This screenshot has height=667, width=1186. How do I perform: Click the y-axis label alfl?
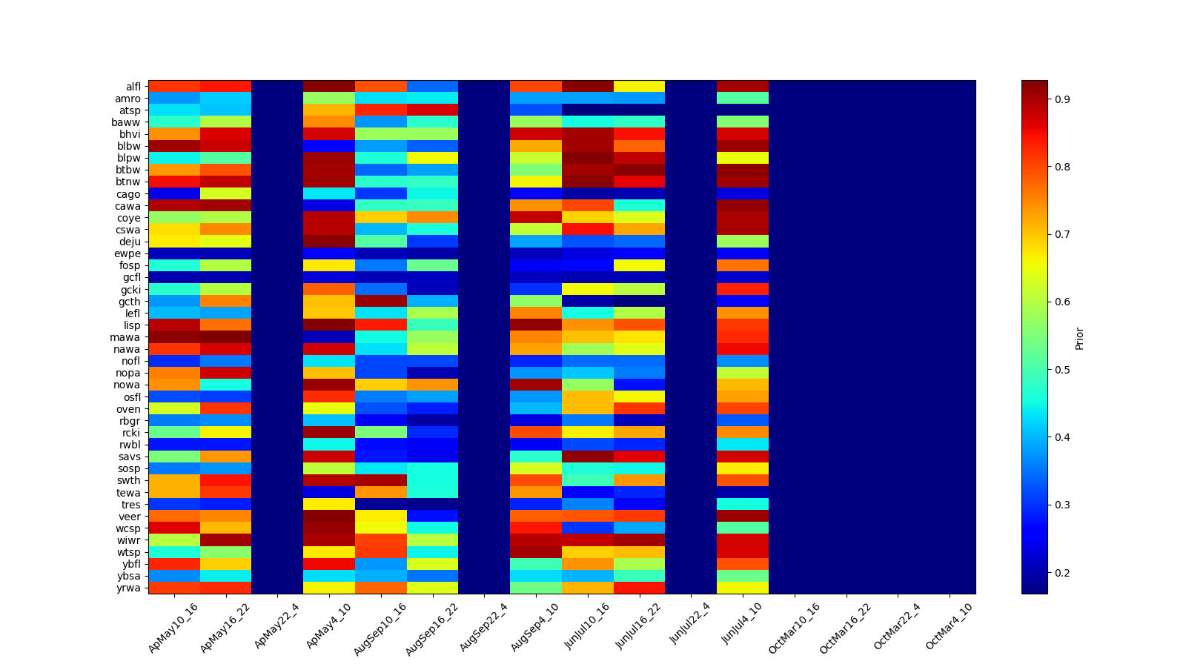coord(133,87)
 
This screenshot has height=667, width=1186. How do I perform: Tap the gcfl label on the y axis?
coord(131,278)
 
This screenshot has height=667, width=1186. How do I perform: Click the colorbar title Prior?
coord(1079,338)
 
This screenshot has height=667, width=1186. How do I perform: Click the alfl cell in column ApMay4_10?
coord(329,86)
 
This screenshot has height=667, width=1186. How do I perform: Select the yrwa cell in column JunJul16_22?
coord(639,588)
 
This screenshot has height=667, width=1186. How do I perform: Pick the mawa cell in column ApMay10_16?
coord(174,337)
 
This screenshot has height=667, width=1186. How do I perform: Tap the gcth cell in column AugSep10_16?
coord(381,301)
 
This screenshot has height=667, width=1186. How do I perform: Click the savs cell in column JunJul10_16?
coord(588,457)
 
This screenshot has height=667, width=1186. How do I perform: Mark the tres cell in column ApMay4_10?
coord(329,504)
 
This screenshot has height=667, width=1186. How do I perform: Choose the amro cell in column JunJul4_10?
coord(743,98)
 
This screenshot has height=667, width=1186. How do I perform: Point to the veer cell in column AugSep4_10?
coord(536,516)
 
